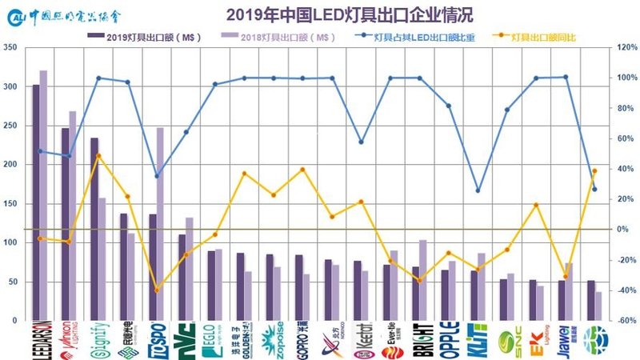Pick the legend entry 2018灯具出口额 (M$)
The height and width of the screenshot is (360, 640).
(276, 37)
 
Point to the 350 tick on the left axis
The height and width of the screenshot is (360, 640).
(10, 48)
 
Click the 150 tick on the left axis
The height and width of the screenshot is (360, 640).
(10, 204)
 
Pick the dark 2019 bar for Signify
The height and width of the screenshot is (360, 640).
(94, 229)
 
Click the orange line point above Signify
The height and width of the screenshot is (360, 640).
(98, 156)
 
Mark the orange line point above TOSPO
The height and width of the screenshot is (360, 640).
(157, 290)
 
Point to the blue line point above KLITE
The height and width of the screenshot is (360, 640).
(478, 190)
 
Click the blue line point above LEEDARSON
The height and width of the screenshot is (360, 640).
(40, 151)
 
